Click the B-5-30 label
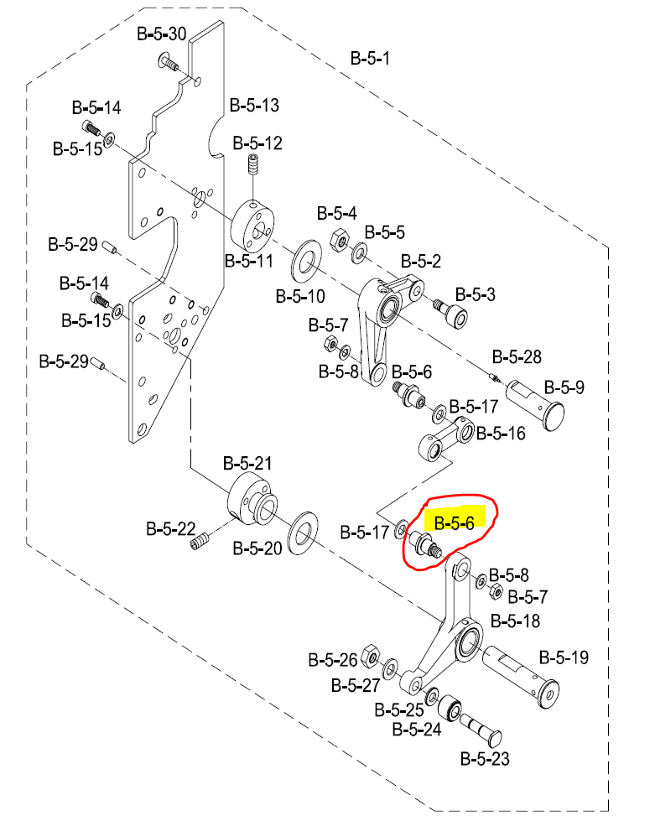coord(161,34)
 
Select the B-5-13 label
coord(254,106)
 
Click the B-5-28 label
coord(516,357)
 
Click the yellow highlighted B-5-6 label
coord(454,523)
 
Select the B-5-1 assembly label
coord(370,59)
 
